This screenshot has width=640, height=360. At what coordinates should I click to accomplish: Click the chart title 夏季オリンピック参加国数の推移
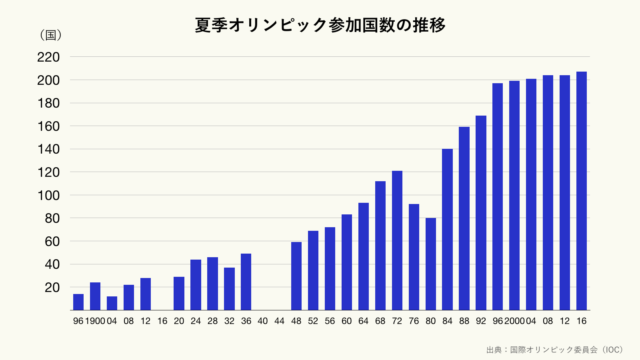[x=320, y=24]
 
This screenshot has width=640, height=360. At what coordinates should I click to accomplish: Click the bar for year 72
[x=397, y=240]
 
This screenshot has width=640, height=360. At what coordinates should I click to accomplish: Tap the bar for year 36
[x=246, y=282]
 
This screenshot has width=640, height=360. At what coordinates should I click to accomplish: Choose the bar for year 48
[x=297, y=276]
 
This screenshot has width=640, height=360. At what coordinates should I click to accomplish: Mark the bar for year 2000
[x=514, y=195]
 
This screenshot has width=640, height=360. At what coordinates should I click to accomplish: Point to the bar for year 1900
[x=95, y=296]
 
